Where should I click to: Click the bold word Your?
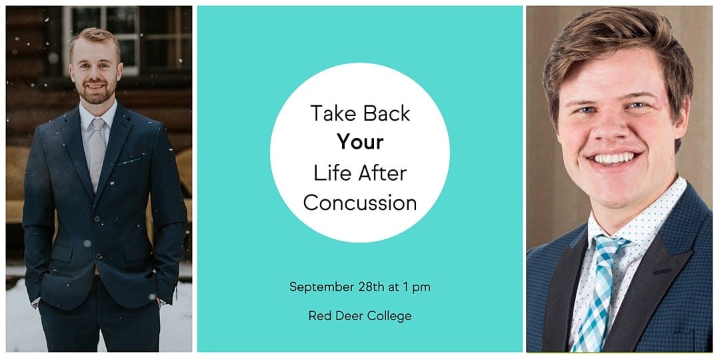[x=360, y=143]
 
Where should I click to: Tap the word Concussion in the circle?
[x=360, y=202]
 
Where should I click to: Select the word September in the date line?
[x=322, y=288]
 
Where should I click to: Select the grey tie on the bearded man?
[x=97, y=151]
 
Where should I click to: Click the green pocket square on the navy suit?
[x=128, y=161]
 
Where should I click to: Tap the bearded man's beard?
[x=97, y=92]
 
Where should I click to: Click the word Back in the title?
[x=385, y=113]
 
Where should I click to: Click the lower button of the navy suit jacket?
[x=98, y=256]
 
